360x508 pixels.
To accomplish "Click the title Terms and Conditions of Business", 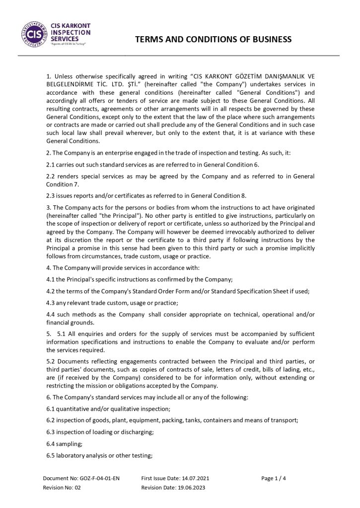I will (214, 39).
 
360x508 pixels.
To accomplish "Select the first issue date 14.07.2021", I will (193, 478).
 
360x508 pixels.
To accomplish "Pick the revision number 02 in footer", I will (77, 488).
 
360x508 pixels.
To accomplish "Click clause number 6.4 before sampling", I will (51, 444).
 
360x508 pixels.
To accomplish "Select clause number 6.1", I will (51, 408).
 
